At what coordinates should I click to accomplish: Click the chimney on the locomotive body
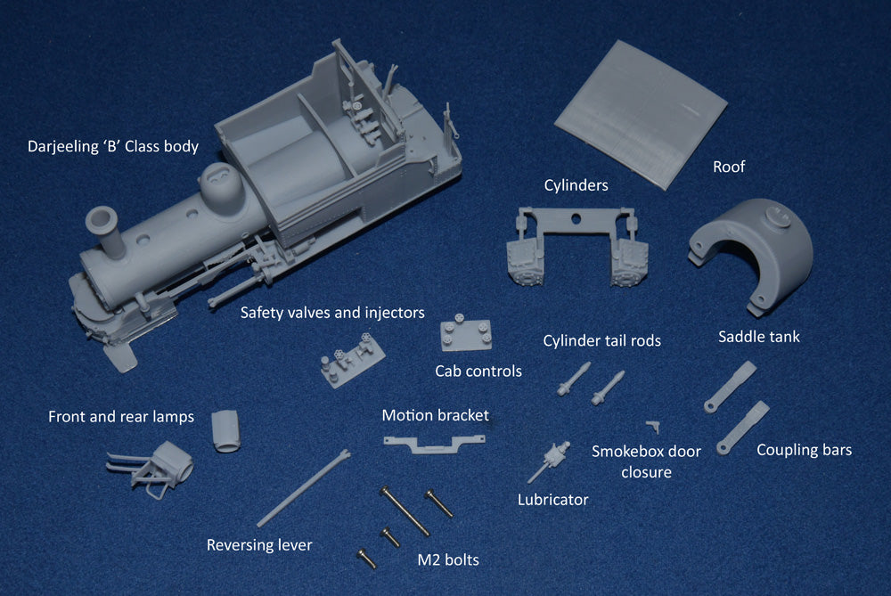click(x=106, y=232)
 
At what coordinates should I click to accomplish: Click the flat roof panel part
click(x=641, y=115)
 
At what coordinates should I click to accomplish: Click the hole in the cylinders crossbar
click(x=576, y=219)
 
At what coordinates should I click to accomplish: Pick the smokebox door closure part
click(x=653, y=426)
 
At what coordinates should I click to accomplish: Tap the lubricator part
click(x=550, y=461)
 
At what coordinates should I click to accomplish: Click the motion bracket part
click(x=434, y=443)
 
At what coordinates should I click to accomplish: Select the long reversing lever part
click(x=303, y=488)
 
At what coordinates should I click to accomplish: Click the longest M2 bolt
click(x=405, y=511)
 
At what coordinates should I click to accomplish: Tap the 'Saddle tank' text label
click(x=758, y=337)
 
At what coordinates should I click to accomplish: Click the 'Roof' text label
click(x=729, y=167)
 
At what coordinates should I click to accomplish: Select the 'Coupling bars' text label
click(x=804, y=450)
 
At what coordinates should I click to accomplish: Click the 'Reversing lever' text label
click(x=259, y=545)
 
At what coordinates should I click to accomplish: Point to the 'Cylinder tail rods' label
click(x=601, y=341)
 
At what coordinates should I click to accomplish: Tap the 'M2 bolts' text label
click(x=448, y=560)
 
